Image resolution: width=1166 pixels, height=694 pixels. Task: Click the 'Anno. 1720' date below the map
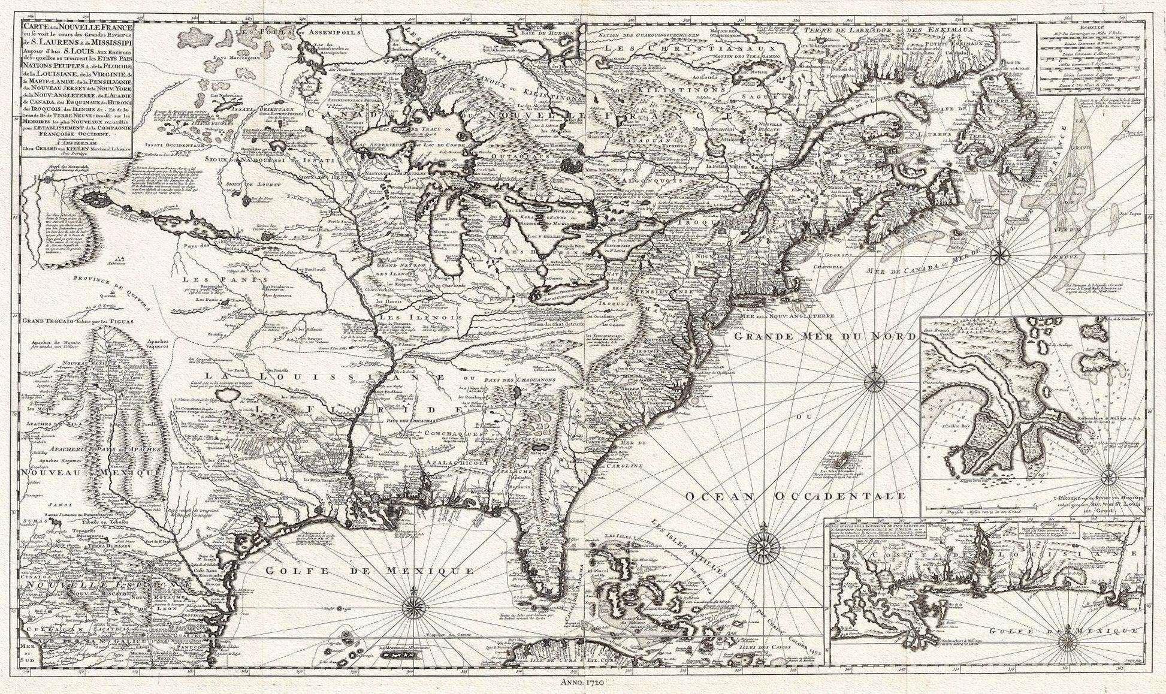[581, 682]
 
